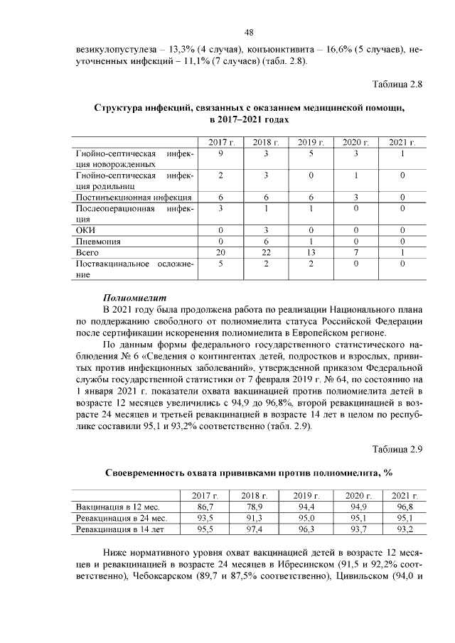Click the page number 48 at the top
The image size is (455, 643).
click(249, 32)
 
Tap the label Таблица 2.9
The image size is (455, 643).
click(397, 448)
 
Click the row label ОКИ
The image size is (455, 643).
click(85, 230)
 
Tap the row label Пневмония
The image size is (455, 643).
click(98, 242)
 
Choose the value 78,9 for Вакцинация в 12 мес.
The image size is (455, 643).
click(253, 507)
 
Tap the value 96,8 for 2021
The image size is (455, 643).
click(404, 507)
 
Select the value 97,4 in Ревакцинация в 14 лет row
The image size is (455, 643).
click(253, 529)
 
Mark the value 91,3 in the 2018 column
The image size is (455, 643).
click(253, 518)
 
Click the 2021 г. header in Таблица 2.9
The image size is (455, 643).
click(404, 495)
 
